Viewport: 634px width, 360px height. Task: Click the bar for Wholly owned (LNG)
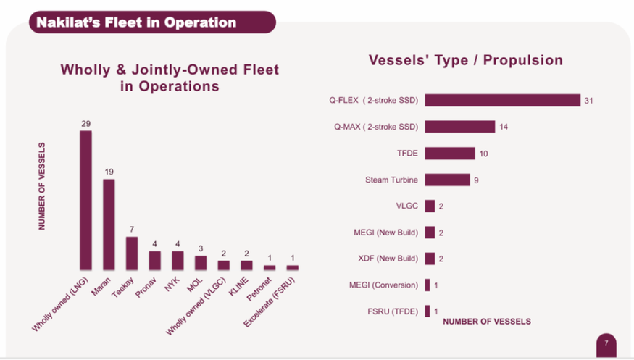[85, 200]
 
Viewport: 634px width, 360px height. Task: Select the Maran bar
[109, 224]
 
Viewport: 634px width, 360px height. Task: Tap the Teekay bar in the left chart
[132, 253]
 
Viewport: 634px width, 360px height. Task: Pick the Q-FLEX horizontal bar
[502, 100]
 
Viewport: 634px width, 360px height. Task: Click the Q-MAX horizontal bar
[459, 127]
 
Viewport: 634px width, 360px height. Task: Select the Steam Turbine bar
[447, 180]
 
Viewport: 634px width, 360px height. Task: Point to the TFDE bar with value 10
[449, 153]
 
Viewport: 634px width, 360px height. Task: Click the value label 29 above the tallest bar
[85, 125]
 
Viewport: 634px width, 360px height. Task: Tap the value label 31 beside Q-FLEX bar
[588, 101]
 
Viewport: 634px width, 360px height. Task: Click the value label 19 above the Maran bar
[109, 172]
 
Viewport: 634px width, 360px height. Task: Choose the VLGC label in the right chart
[406, 206]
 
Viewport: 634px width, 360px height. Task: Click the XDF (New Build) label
[388, 259]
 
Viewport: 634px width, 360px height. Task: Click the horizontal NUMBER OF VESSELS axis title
[486, 321]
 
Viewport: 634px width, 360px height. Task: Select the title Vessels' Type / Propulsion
[466, 60]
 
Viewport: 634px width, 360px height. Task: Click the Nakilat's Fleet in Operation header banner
[152, 22]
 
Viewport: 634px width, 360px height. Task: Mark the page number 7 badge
[606, 343]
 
